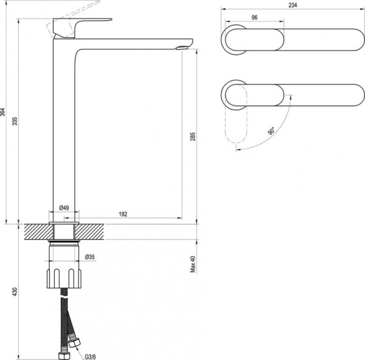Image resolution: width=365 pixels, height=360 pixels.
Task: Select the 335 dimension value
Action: pyautogui.click(x=15, y=121)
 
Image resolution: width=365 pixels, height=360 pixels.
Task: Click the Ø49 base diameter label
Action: pyautogui.click(x=64, y=208)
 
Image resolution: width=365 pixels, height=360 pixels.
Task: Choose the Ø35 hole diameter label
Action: pyautogui.click(x=90, y=256)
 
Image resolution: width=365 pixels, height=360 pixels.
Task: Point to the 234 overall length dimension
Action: pyautogui.click(x=293, y=4)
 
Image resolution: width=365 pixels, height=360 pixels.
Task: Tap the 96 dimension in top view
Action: pyautogui.click(x=254, y=18)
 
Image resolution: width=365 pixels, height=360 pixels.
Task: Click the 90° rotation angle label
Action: pyautogui.click(x=271, y=132)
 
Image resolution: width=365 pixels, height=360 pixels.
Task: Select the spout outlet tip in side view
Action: pyautogui.click(x=183, y=47)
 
